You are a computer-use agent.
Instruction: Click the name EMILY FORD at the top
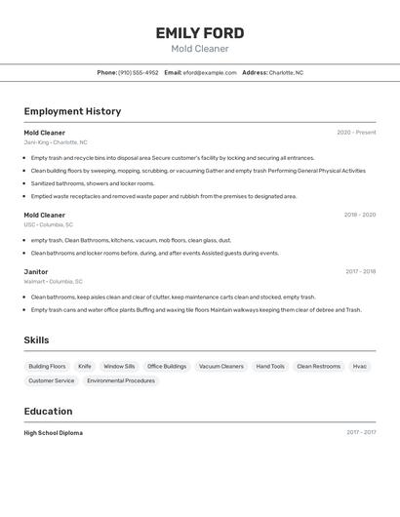pos(199,33)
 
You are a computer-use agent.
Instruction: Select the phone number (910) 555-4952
pos(139,72)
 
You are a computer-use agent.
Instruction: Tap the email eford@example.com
pos(210,72)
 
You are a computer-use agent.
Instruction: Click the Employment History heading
pos(72,111)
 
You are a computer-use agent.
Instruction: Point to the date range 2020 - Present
pos(356,133)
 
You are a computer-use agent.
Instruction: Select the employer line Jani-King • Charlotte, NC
pos(56,142)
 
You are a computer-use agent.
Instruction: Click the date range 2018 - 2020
pos(359,215)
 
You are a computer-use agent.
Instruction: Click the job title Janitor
pos(36,272)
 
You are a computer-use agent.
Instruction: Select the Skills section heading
pos(37,340)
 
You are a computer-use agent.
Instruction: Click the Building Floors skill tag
pos(47,367)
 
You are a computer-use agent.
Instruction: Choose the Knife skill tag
pos(85,367)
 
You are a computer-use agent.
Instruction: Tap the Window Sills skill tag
pos(119,367)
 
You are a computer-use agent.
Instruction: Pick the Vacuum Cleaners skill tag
pos(221,367)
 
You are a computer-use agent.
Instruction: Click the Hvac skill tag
pos(360,367)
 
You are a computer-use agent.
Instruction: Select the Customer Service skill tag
pos(52,381)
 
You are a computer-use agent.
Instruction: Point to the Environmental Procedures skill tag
pos(121,381)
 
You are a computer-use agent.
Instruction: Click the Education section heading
pos(48,412)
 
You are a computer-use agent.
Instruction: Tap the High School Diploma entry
pos(54,433)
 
